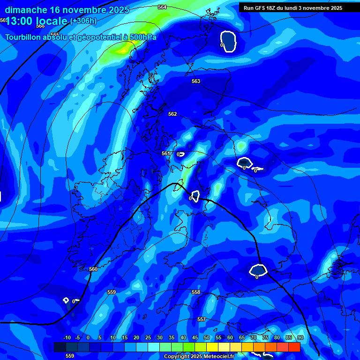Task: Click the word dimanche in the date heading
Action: (x=26, y=9)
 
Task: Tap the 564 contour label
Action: (x=162, y=7)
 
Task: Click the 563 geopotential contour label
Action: (x=196, y=81)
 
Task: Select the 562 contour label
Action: (x=172, y=114)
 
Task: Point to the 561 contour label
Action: (x=166, y=153)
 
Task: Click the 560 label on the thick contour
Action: (x=93, y=269)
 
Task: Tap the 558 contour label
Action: (x=196, y=292)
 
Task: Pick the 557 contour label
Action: (x=202, y=319)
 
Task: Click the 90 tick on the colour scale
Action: (x=300, y=337)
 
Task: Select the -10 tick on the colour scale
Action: (x=67, y=337)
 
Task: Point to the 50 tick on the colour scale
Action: (x=207, y=337)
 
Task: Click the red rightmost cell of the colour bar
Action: (x=294, y=347)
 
